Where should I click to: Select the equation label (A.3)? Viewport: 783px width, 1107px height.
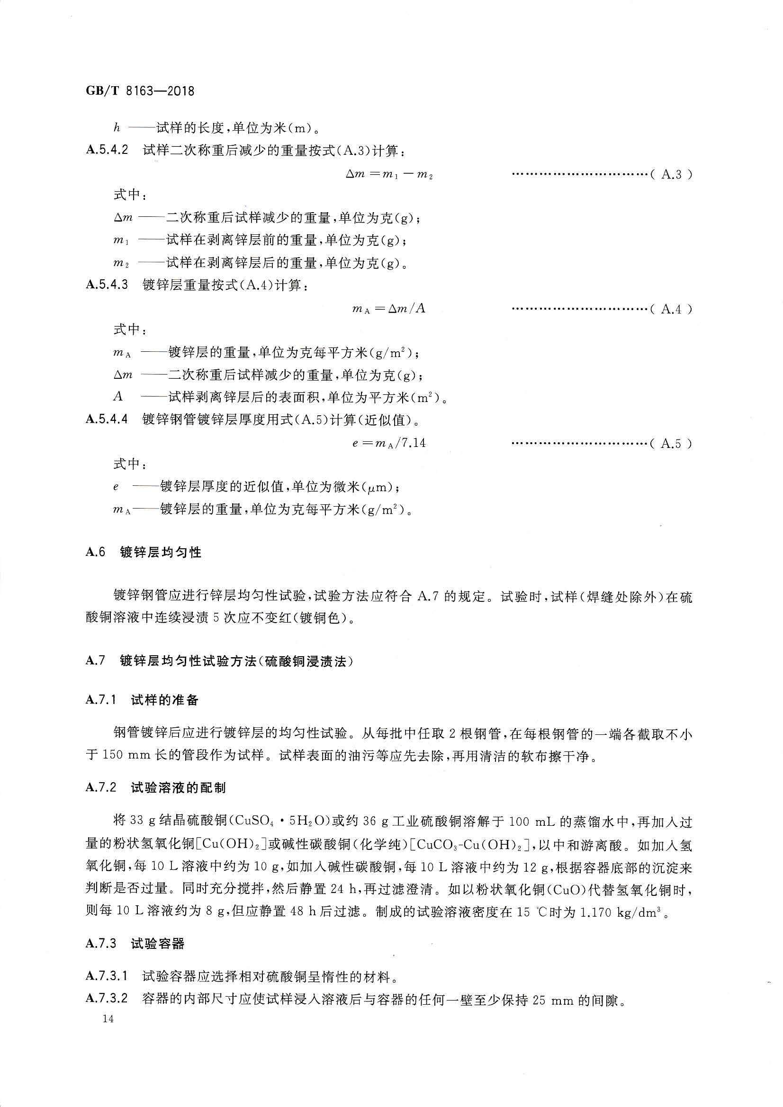[671, 175]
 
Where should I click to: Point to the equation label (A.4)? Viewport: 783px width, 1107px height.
[671, 309]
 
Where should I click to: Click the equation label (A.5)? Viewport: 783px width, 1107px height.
[671, 444]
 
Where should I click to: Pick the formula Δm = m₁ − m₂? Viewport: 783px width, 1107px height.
[389, 175]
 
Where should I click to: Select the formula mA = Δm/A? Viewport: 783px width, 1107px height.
[389, 309]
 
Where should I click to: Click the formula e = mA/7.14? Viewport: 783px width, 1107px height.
[389, 443]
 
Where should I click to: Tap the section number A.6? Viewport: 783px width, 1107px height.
[96, 553]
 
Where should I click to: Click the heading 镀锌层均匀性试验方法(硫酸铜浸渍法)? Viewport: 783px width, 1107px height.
[236, 661]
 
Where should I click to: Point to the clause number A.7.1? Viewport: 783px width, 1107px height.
[101, 700]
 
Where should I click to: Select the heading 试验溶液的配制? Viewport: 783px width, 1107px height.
[178, 788]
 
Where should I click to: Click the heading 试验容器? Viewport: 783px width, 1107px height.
[158, 944]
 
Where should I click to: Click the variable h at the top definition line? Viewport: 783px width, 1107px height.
[116, 128]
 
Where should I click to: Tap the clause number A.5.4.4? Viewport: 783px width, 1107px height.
[107, 419]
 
